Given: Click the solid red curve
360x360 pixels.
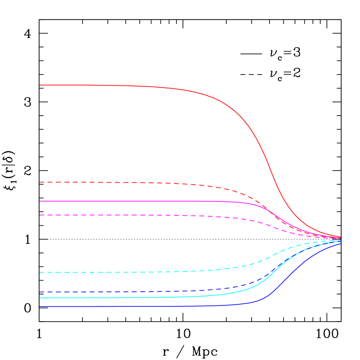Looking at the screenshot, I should coord(136,86).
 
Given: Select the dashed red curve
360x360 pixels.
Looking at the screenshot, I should coord(136,182).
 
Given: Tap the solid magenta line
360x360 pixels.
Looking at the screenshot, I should coord(136,201).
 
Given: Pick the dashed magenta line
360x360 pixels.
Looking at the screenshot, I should coord(136,215).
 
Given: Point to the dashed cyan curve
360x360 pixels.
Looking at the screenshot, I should coord(136,272).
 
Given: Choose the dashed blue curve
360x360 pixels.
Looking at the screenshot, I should coord(136,291).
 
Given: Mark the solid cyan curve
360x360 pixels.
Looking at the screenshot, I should coord(136,298).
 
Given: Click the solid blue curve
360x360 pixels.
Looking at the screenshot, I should coord(136,306).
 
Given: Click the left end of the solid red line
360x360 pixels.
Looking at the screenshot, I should coord(40,85).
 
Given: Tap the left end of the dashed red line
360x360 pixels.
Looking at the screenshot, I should coord(40,182).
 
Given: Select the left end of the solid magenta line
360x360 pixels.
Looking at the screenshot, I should coord(40,201).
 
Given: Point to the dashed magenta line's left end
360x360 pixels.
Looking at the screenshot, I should coord(40,215).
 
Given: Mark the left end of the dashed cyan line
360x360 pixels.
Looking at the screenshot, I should coord(40,272).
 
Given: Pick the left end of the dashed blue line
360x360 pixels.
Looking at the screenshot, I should coord(40,292).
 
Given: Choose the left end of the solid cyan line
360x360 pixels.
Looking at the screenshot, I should coord(40,298).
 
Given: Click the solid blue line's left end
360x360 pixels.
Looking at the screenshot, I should coord(40,306).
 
